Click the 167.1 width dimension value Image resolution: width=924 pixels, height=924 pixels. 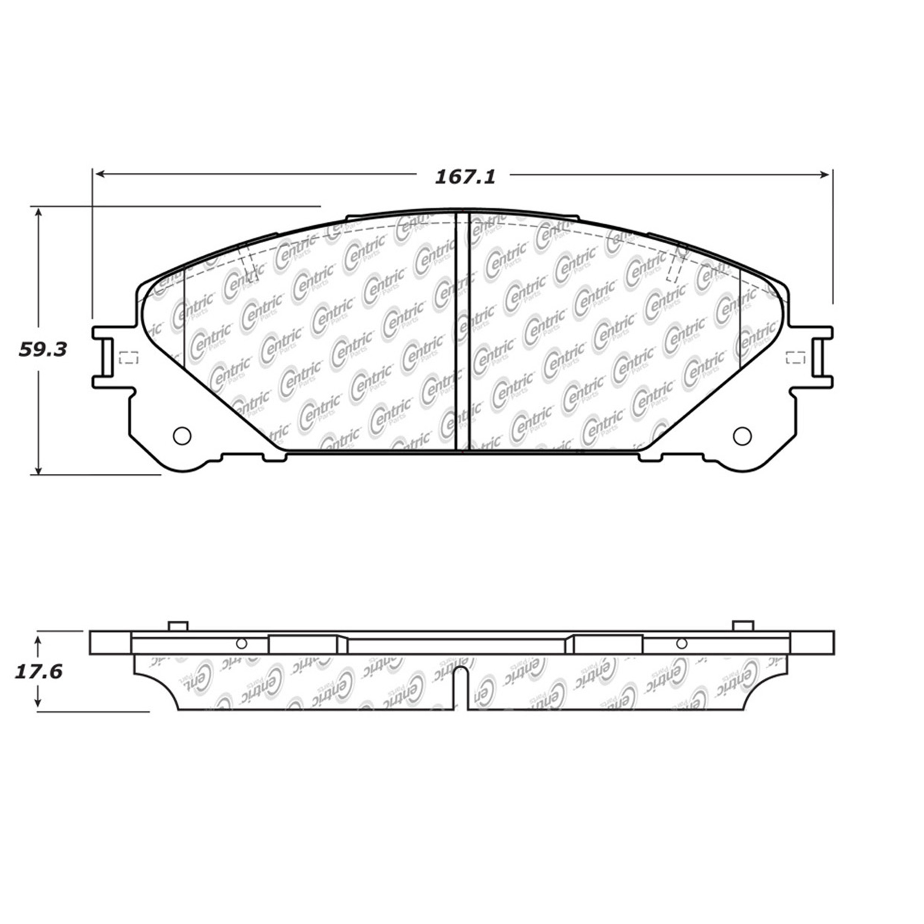465,177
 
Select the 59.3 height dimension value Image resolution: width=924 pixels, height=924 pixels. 43,350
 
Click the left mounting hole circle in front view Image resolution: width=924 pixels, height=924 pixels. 182,436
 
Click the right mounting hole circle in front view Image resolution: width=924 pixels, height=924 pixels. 742,436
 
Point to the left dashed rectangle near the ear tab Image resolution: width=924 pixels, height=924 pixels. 128,357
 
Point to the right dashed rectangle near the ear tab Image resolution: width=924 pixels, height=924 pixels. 795,357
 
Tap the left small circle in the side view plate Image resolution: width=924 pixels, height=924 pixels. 241,644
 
